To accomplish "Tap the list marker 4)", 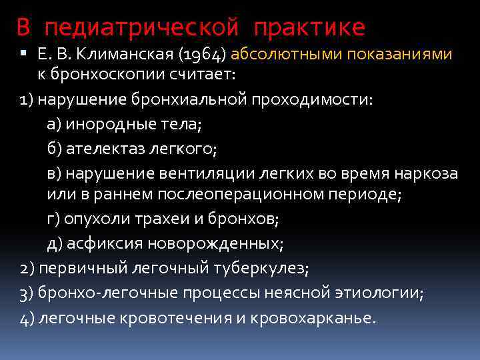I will pyautogui.click(x=27, y=317).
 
